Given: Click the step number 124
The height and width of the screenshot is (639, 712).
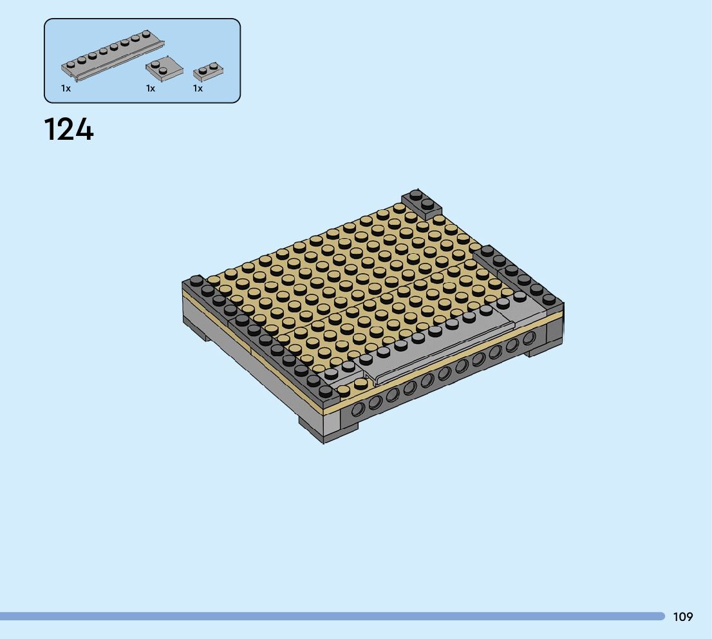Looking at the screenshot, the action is pyautogui.click(x=69, y=129).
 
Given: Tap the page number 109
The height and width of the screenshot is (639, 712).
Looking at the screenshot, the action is pyautogui.click(x=683, y=616).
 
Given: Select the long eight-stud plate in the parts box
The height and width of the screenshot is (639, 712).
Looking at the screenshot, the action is pyautogui.click(x=113, y=55).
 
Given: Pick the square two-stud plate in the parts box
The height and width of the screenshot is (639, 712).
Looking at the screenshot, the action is pyautogui.click(x=164, y=67).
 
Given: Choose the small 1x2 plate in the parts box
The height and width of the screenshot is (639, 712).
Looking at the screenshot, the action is pyautogui.click(x=208, y=72).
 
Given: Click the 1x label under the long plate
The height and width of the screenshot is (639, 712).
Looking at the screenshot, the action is pyautogui.click(x=66, y=88).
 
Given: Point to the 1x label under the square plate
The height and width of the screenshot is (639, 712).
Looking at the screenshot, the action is pyautogui.click(x=151, y=88).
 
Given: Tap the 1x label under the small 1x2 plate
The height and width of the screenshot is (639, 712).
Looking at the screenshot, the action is pyautogui.click(x=198, y=88).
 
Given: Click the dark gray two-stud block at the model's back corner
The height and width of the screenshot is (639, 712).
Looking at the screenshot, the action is pyautogui.click(x=422, y=203).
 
